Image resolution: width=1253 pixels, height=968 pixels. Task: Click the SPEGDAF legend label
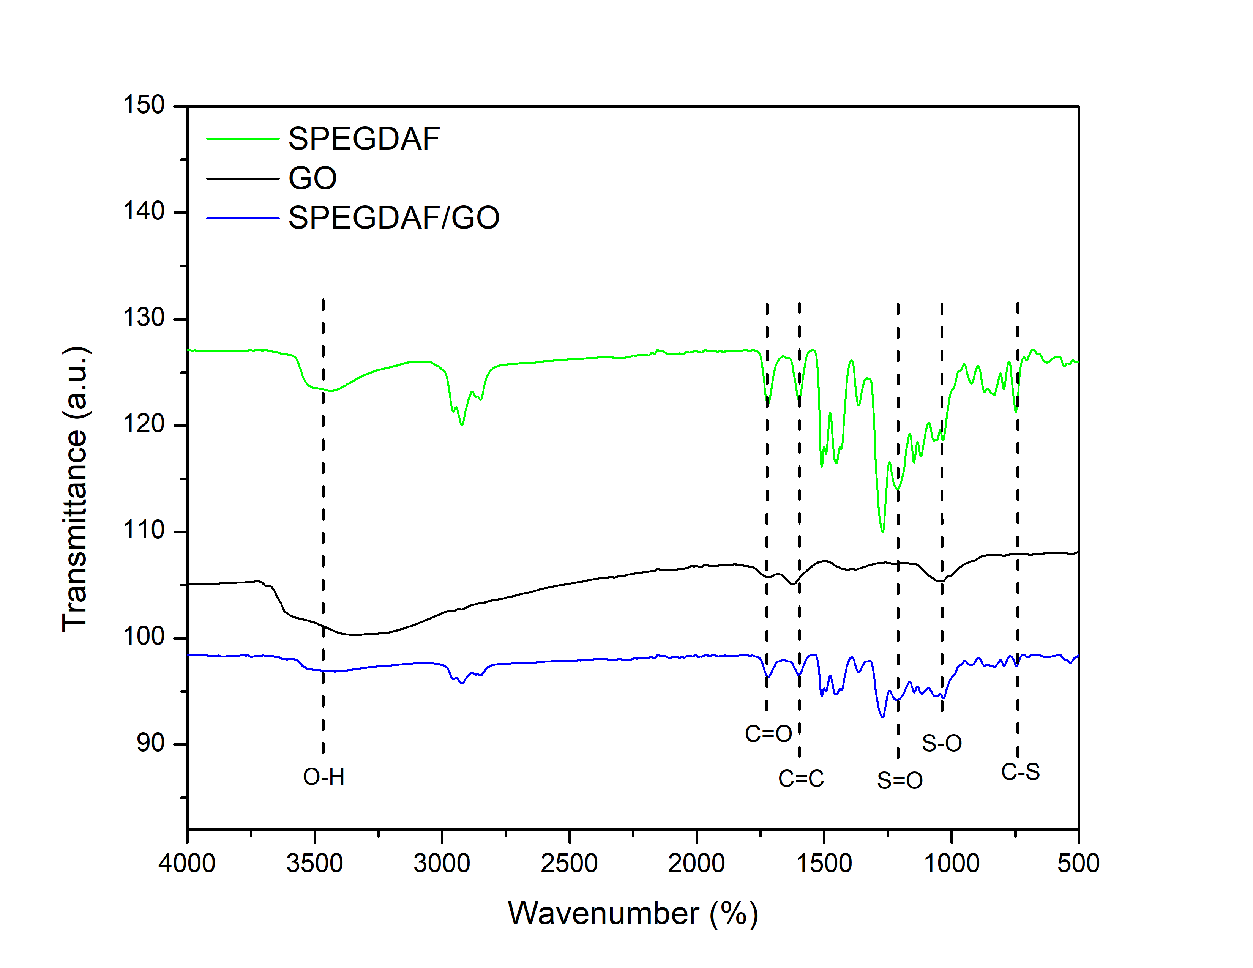364,139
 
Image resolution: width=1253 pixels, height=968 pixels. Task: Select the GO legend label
312,178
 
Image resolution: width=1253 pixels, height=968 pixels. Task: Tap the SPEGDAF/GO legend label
394,218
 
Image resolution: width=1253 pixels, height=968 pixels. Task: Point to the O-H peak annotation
324,777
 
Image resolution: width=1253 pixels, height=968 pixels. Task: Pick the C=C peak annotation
801,779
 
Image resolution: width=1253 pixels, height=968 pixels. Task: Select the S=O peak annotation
900,780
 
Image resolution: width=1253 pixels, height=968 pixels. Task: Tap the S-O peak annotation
942,743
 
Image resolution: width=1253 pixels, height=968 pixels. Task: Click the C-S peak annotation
1020,772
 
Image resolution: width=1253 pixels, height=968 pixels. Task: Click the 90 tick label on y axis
150,743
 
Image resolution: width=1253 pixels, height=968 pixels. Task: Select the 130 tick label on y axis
144,318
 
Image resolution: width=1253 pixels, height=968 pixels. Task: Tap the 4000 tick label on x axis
187,863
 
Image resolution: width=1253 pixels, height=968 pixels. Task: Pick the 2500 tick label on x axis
569,863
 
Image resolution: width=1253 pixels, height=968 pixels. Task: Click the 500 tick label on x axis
1078,863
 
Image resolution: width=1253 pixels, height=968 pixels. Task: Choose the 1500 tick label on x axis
824,863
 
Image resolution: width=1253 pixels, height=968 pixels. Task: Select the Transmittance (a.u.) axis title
75,489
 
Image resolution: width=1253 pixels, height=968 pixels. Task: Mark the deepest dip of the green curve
882,531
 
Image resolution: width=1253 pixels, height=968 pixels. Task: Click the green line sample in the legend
242,139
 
